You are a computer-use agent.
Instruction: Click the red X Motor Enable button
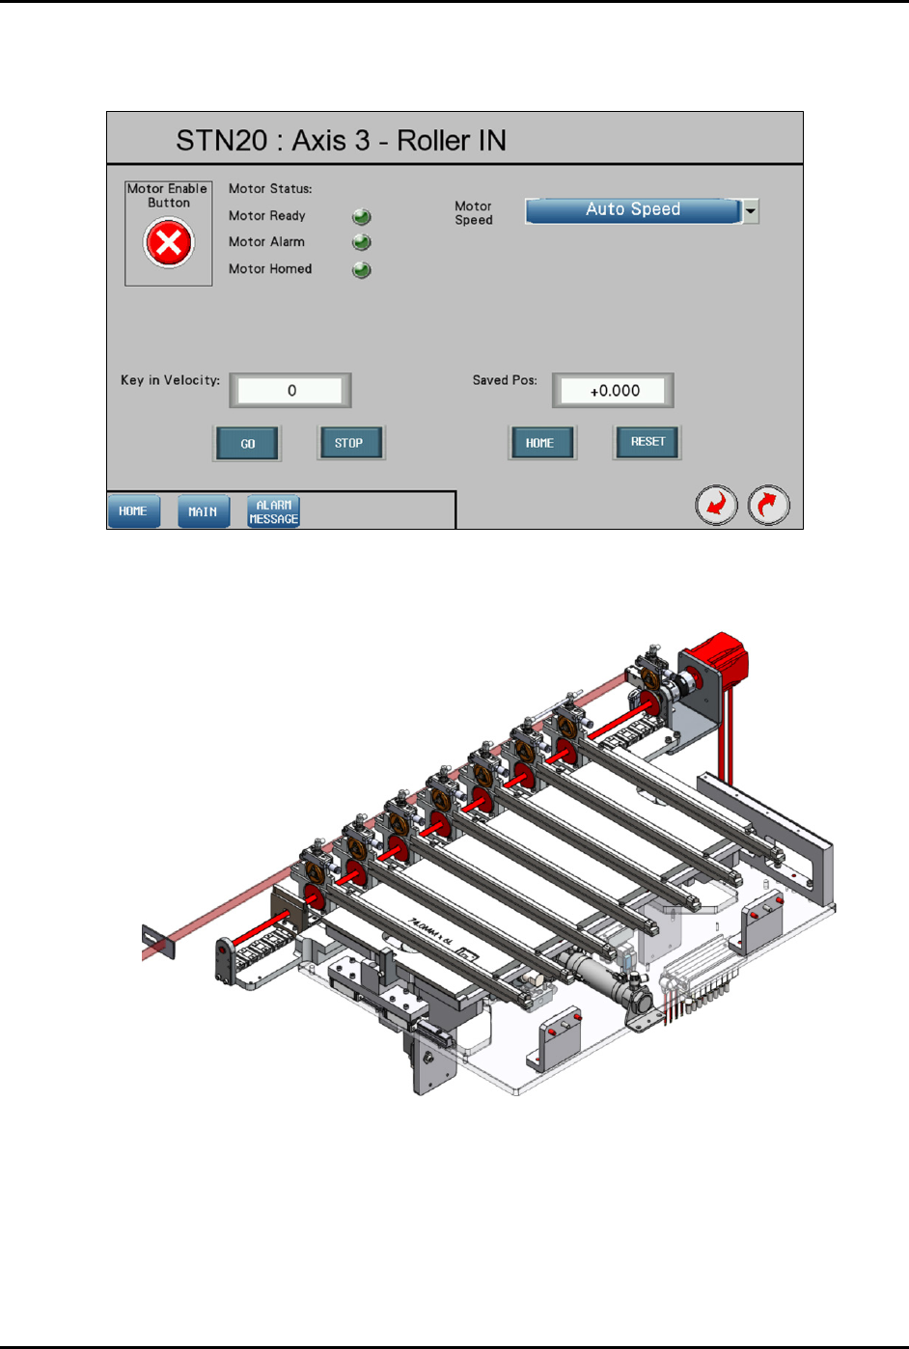coord(169,243)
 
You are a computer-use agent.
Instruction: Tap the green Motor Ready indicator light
coord(362,216)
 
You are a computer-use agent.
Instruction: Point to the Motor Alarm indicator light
coord(362,242)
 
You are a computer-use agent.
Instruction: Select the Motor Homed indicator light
coord(362,269)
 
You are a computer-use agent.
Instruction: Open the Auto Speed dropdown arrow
coord(751,210)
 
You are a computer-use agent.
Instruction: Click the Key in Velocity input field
coord(290,390)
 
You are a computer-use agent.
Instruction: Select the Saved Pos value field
coord(613,390)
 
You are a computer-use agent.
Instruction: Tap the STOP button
coord(351,443)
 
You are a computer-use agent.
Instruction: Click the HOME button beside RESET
coord(542,443)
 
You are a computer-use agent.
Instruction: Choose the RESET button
coord(647,442)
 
